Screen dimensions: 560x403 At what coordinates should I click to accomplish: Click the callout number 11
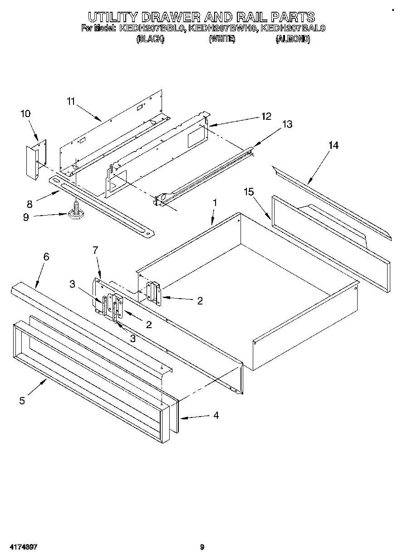[70, 101]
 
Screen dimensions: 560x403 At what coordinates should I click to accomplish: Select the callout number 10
[25, 113]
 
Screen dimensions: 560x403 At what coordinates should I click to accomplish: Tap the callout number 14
[334, 145]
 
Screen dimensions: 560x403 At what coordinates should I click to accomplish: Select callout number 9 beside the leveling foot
[26, 217]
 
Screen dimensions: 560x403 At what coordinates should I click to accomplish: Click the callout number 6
[46, 256]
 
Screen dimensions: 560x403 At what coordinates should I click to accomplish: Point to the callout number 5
[22, 401]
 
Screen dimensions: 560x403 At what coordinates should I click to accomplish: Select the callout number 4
[216, 415]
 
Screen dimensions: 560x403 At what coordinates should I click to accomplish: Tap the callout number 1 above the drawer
[215, 203]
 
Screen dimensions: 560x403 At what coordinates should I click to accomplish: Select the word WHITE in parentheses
[222, 39]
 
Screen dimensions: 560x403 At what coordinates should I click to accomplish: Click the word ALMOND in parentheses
[293, 39]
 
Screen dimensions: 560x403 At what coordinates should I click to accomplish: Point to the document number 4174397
[22, 547]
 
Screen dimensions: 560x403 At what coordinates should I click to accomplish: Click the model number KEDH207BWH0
[223, 29]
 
